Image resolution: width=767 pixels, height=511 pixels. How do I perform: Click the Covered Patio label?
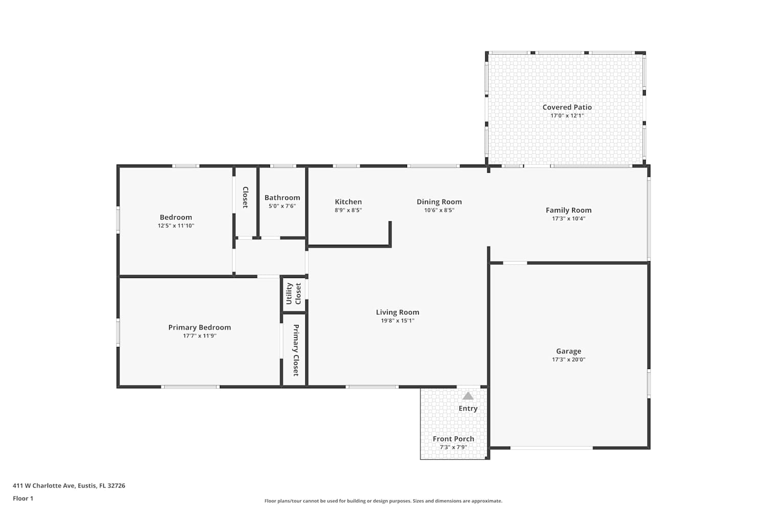coord(567,107)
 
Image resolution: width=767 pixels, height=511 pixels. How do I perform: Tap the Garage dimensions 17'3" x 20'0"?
coord(569,359)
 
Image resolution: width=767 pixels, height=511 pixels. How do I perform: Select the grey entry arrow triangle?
coord(468,396)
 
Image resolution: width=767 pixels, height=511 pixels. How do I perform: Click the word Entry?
coord(468,408)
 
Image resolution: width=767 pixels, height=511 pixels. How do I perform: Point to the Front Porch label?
coord(454,439)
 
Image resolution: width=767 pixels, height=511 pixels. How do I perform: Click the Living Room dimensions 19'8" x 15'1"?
coord(397,321)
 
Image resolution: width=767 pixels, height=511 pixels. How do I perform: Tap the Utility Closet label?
coord(294,294)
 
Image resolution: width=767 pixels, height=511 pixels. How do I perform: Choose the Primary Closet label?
coord(296,350)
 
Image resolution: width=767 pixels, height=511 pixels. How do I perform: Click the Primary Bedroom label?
coord(199,328)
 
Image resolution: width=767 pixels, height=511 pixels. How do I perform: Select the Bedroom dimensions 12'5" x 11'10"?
coord(176,225)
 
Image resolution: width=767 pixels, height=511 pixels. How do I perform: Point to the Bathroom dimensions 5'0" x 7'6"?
coord(282,206)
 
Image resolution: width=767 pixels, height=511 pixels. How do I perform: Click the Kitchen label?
coord(348,202)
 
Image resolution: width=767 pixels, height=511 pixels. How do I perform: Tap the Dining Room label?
coord(439,202)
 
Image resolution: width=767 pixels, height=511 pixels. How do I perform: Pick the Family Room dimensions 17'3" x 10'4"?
coord(569,218)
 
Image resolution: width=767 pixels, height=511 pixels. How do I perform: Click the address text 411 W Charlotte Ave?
coord(44,485)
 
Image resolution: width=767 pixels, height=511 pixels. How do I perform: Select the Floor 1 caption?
coord(23,498)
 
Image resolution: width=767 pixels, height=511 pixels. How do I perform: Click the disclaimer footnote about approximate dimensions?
coord(383,501)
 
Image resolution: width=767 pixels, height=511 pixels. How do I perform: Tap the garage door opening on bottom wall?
coord(551,448)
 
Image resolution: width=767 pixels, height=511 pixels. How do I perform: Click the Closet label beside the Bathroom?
coord(245,197)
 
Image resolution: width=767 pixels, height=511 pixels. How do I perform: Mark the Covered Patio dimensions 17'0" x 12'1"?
coord(567,115)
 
